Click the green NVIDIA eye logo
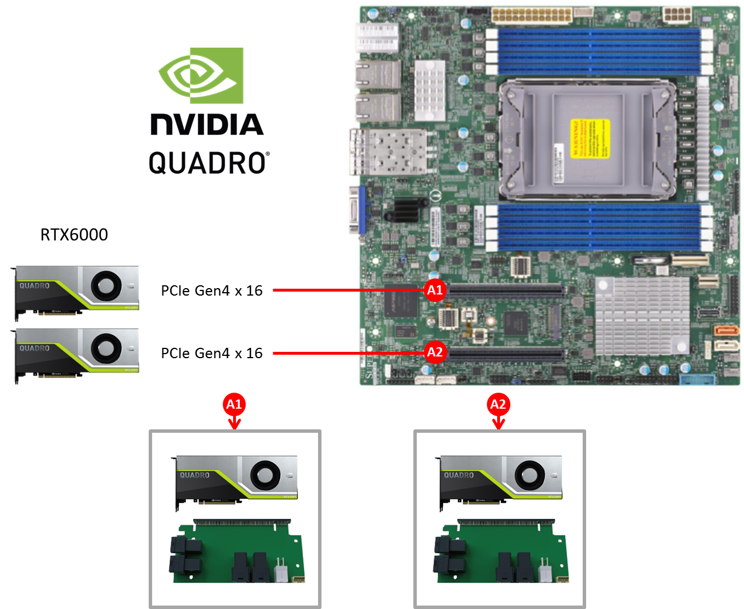coord(201,75)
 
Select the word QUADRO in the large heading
coord(208,163)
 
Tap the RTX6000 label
coord(74,235)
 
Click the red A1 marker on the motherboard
coord(435,290)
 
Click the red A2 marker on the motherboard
coord(435,352)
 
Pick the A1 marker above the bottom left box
coord(234,405)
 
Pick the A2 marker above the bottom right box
coord(498,405)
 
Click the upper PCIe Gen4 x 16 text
coord(212,291)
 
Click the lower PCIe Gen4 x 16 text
coord(212,354)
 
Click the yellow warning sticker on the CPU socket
coord(590,138)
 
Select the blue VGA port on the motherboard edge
coord(362,210)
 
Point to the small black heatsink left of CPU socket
coord(406,210)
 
